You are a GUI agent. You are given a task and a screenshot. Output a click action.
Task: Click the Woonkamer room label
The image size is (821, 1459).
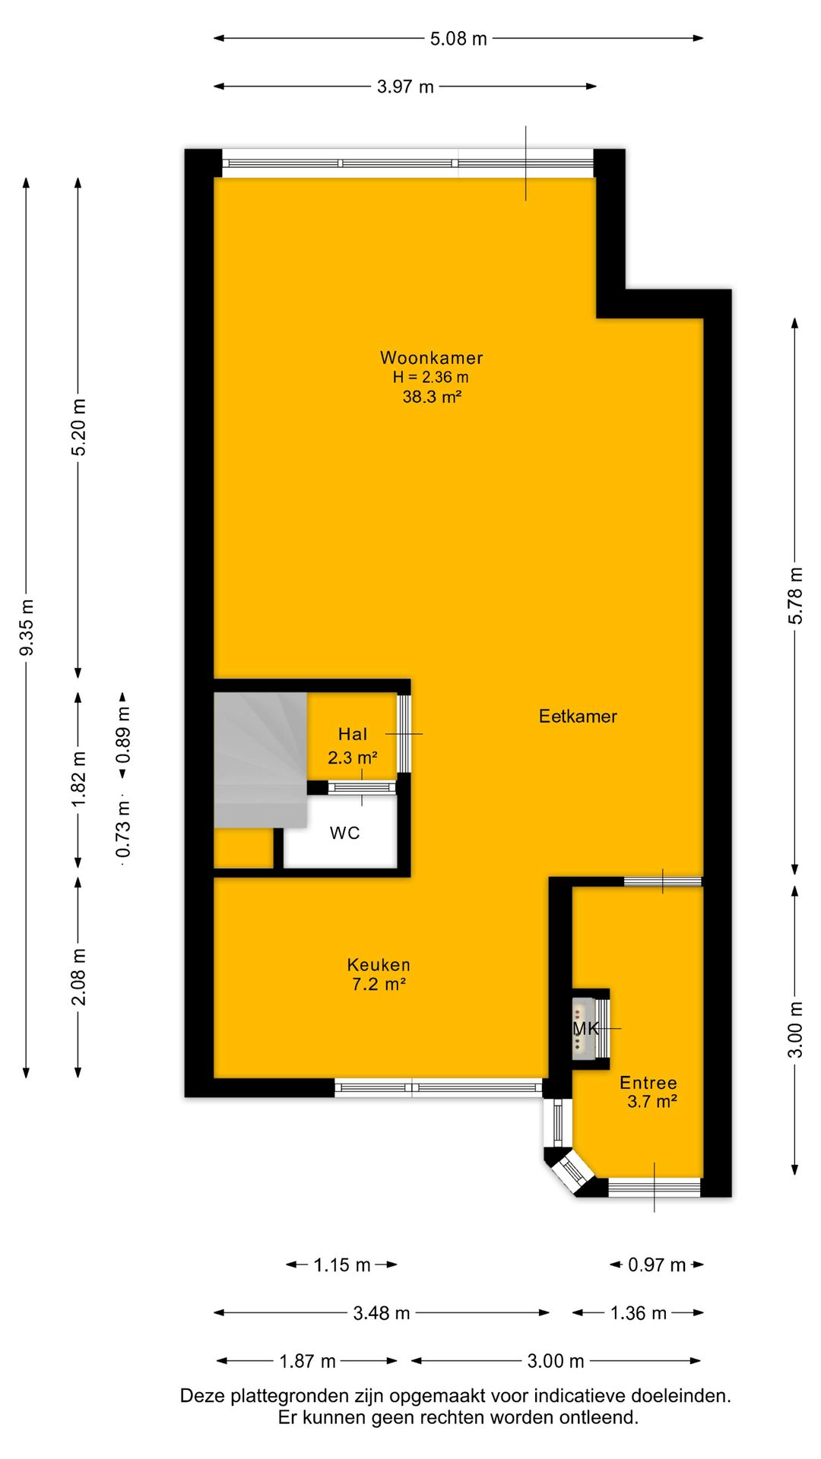coord(431,357)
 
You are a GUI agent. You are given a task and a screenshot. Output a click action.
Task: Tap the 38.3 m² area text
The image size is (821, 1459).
coord(432,396)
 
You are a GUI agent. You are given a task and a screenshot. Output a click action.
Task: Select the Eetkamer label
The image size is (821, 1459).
coord(578,716)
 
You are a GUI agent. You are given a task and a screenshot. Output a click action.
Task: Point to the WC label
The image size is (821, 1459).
coord(344,833)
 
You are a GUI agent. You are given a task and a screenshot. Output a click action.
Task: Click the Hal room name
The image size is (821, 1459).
coord(353,734)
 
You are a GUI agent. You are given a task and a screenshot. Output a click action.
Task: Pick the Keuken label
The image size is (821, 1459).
coord(379,965)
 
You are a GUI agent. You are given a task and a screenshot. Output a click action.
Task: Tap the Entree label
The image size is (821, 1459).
coord(648,1083)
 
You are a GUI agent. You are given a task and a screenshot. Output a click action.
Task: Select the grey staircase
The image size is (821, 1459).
coord(260,760)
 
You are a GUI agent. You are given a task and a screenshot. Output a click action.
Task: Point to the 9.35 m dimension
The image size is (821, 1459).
coord(27,628)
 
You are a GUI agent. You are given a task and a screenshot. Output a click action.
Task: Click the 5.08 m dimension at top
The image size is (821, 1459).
coord(458,38)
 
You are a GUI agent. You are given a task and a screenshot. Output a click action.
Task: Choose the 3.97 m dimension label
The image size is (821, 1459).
coord(405,87)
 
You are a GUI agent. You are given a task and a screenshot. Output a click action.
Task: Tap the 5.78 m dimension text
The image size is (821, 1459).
coord(795,596)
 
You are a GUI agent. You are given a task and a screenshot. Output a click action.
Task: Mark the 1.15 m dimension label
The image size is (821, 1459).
coord(342,1264)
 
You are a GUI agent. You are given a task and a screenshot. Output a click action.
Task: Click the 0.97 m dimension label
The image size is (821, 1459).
coord(657,1264)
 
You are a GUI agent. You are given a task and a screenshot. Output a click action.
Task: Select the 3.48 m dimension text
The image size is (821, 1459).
coord(382,1312)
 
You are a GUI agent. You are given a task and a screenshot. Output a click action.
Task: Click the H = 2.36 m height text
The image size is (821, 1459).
coord(430,377)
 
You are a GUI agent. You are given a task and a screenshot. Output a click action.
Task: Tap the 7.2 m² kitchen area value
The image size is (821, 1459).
coord(379,985)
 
